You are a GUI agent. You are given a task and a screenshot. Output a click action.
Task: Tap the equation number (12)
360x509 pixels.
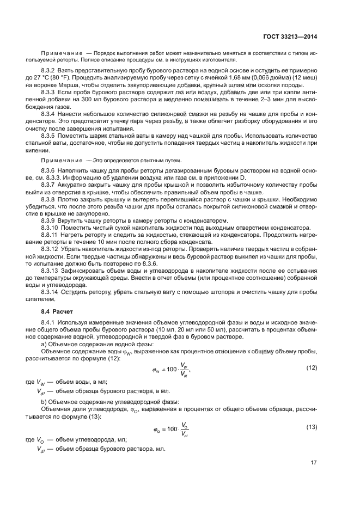312,368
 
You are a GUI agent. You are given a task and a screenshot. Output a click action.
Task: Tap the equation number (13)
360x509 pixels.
312,426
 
